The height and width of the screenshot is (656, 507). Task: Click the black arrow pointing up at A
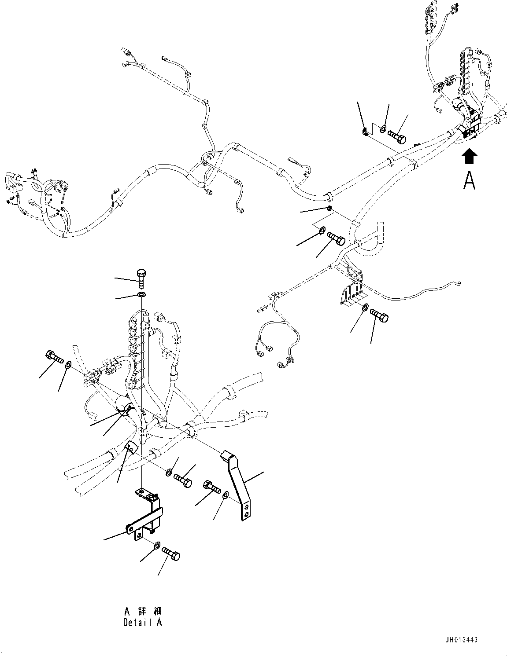[470, 156]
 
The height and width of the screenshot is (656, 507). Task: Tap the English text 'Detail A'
[142, 623]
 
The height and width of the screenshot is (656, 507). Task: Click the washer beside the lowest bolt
[156, 546]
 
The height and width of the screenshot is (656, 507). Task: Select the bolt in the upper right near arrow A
[398, 135]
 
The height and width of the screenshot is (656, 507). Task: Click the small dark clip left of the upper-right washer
[365, 131]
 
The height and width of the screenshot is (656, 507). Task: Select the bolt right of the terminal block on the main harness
[379, 315]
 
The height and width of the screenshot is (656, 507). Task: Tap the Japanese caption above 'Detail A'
[143, 611]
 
